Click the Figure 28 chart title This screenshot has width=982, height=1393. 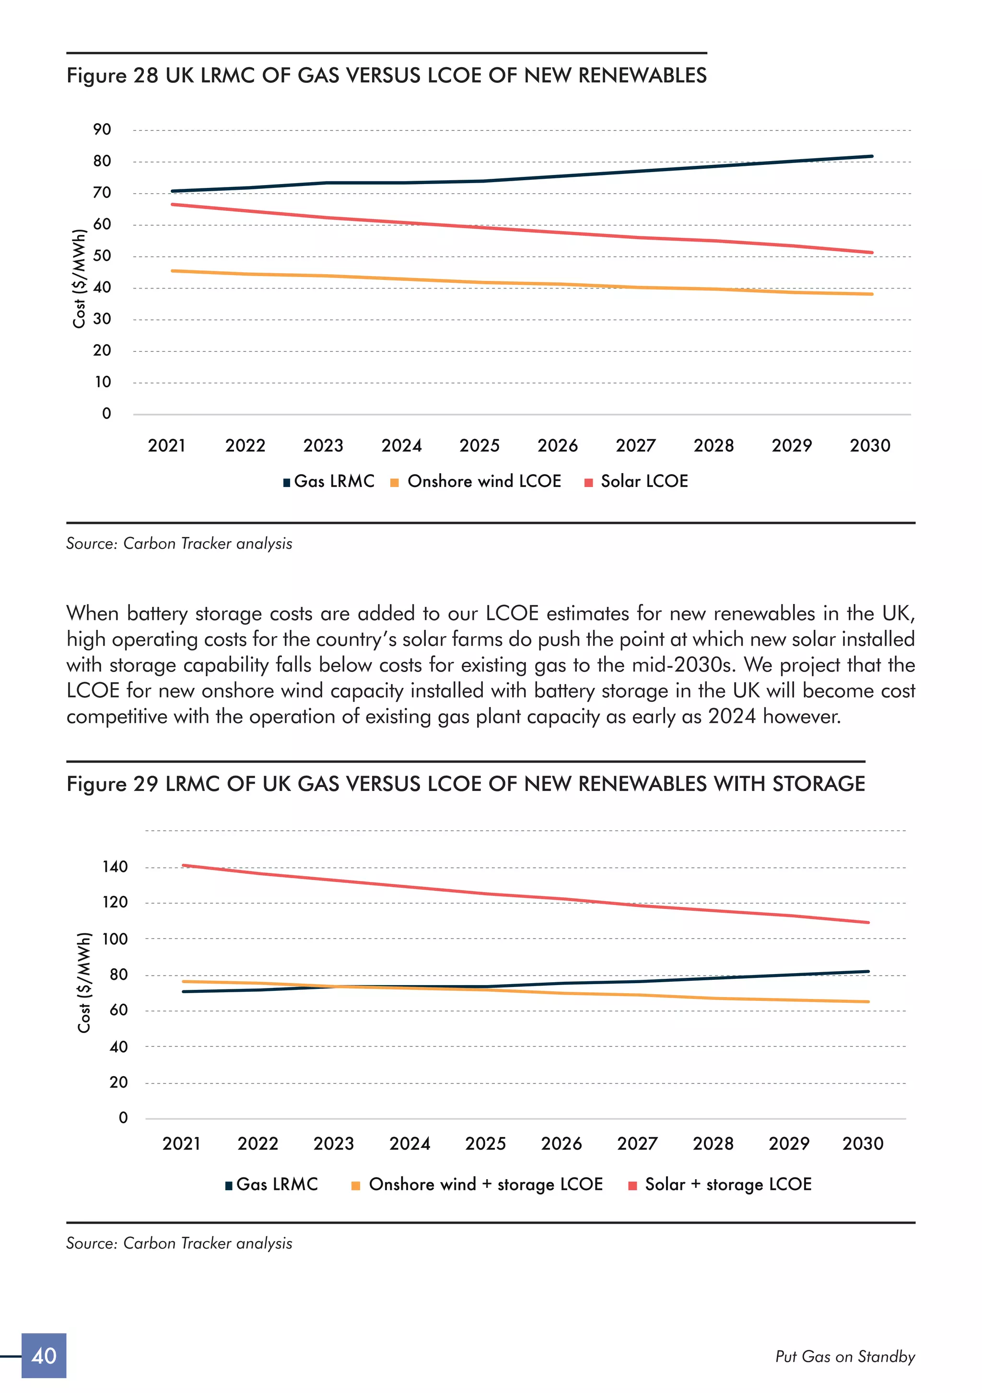click(x=386, y=75)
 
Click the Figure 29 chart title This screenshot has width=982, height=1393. click(x=466, y=783)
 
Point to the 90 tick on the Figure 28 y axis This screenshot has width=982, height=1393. click(x=102, y=129)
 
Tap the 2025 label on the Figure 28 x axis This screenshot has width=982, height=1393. click(x=479, y=445)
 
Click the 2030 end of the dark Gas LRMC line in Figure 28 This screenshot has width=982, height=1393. click(x=872, y=157)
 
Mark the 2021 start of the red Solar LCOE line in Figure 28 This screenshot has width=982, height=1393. click(x=173, y=205)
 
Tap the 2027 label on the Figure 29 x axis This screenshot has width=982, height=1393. click(x=637, y=1143)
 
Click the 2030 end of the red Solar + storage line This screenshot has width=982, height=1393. click(x=868, y=922)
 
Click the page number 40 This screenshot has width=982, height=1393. click(x=44, y=1356)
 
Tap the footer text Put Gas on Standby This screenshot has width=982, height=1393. click(x=845, y=1357)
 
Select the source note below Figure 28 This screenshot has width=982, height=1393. click(x=179, y=544)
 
